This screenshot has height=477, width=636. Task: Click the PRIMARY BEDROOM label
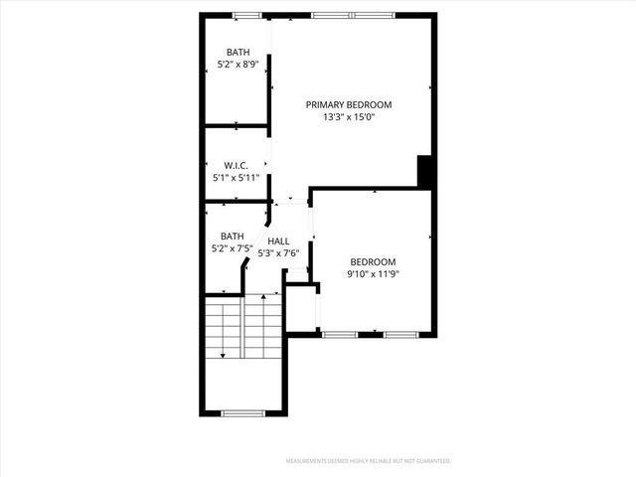pyautogui.click(x=348, y=104)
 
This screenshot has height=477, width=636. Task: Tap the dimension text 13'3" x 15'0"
pyautogui.click(x=348, y=117)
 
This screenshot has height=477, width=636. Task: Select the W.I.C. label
pyautogui.click(x=236, y=165)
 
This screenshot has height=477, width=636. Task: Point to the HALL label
pyautogui.click(x=278, y=241)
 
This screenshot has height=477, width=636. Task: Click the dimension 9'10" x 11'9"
pyautogui.click(x=374, y=274)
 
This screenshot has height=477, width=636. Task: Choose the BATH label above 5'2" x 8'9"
pyautogui.click(x=238, y=53)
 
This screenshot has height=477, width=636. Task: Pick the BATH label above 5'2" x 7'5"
pyautogui.click(x=233, y=237)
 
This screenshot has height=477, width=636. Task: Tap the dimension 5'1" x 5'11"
pyautogui.click(x=236, y=178)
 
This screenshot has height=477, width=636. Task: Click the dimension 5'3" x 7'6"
pyautogui.click(x=278, y=253)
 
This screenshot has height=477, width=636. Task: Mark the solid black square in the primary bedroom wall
pyautogui.click(x=423, y=171)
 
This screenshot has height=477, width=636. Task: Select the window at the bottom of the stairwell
pyautogui.click(x=241, y=412)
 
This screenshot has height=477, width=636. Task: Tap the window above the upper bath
pyautogui.click(x=246, y=15)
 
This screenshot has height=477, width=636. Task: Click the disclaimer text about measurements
pyautogui.click(x=368, y=461)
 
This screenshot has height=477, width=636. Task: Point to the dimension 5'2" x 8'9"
pyautogui.click(x=238, y=66)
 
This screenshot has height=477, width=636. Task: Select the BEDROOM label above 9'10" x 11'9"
pyautogui.click(x=374, y=261)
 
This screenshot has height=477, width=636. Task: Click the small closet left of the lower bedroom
pyautogui.click(x=301, y=307)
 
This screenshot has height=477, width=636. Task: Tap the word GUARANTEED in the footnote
pyautogui.click(x=433, y=461)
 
